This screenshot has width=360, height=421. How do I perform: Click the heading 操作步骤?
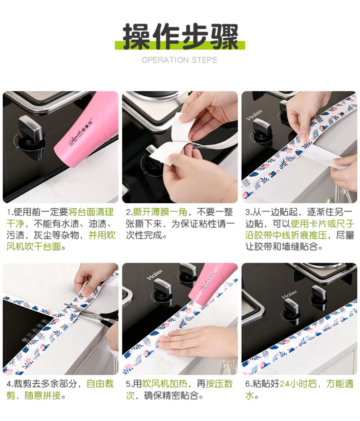(x=180, y=36)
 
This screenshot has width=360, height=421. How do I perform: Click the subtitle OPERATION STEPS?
(x=180, y=60)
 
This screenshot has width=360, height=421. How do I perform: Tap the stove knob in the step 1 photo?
(x=30, y=132)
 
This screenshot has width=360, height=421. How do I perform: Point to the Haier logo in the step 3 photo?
(x=254, y=115)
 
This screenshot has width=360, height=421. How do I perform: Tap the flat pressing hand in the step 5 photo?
(x=198, y=340)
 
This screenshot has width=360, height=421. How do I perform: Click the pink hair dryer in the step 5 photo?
(x=212, y=285)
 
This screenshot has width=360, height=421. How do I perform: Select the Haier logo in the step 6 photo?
(x=289, y=294)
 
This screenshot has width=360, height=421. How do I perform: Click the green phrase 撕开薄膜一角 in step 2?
(x=160, y=212)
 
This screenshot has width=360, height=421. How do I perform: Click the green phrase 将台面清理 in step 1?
(x=91, y=212)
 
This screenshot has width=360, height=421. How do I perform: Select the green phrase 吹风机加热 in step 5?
(x=164, y=384)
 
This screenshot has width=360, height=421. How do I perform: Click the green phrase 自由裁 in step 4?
(x=100, y=384)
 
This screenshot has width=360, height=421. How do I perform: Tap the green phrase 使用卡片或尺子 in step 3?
(x=322, y=224)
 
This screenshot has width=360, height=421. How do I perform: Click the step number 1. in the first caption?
(x=10, y=212)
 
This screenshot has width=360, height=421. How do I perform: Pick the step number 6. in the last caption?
(x=248, y=384)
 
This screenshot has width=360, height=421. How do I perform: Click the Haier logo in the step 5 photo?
(x=154, y=275)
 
